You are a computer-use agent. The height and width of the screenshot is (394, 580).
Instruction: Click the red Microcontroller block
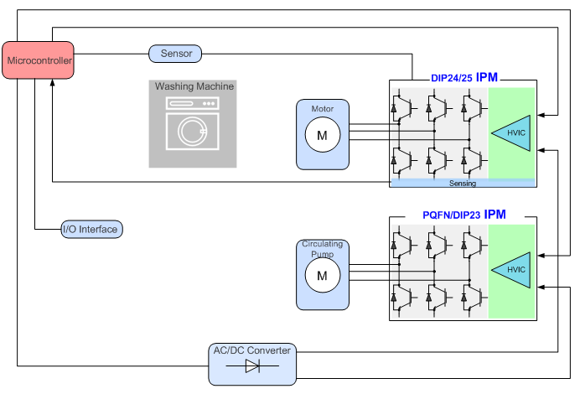tap(39, 61)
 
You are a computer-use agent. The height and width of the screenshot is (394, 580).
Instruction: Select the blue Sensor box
tap(176, 54)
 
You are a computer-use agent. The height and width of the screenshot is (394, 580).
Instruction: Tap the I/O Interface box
tap(91, 229)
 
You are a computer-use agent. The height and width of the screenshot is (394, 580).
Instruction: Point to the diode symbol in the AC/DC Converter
tap(251, 366)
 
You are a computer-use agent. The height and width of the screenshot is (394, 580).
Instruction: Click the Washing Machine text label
tap(194, 86)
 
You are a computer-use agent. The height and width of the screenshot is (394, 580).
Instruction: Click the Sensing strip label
tap(462, 183)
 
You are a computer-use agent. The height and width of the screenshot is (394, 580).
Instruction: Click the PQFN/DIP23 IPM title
tap(464, 215)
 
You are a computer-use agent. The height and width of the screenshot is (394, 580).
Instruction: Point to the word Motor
tap(322, 109)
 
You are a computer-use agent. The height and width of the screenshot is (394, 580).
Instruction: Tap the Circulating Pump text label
tap(322, 249)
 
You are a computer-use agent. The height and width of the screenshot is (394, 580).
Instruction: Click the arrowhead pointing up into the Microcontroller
tap(52, 83)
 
